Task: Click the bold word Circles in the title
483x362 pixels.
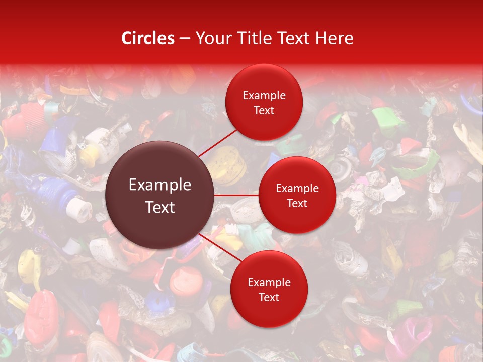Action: tap(147, 38)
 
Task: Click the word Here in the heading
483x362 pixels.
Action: tap(333, 38)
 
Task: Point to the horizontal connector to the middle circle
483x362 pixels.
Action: tap(236, 195)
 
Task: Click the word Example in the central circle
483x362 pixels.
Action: tap(160, 185)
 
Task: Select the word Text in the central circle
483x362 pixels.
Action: tap(160, 207)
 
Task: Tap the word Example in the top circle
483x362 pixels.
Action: tap(264, 96)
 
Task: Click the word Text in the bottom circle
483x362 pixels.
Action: tap(269, 297)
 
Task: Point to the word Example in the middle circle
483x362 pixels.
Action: tap(297, 189)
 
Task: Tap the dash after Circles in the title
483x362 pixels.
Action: tap(184, 39)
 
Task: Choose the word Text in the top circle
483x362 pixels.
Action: tap(264, 110)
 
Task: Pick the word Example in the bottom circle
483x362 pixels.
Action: tap(269, 283)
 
